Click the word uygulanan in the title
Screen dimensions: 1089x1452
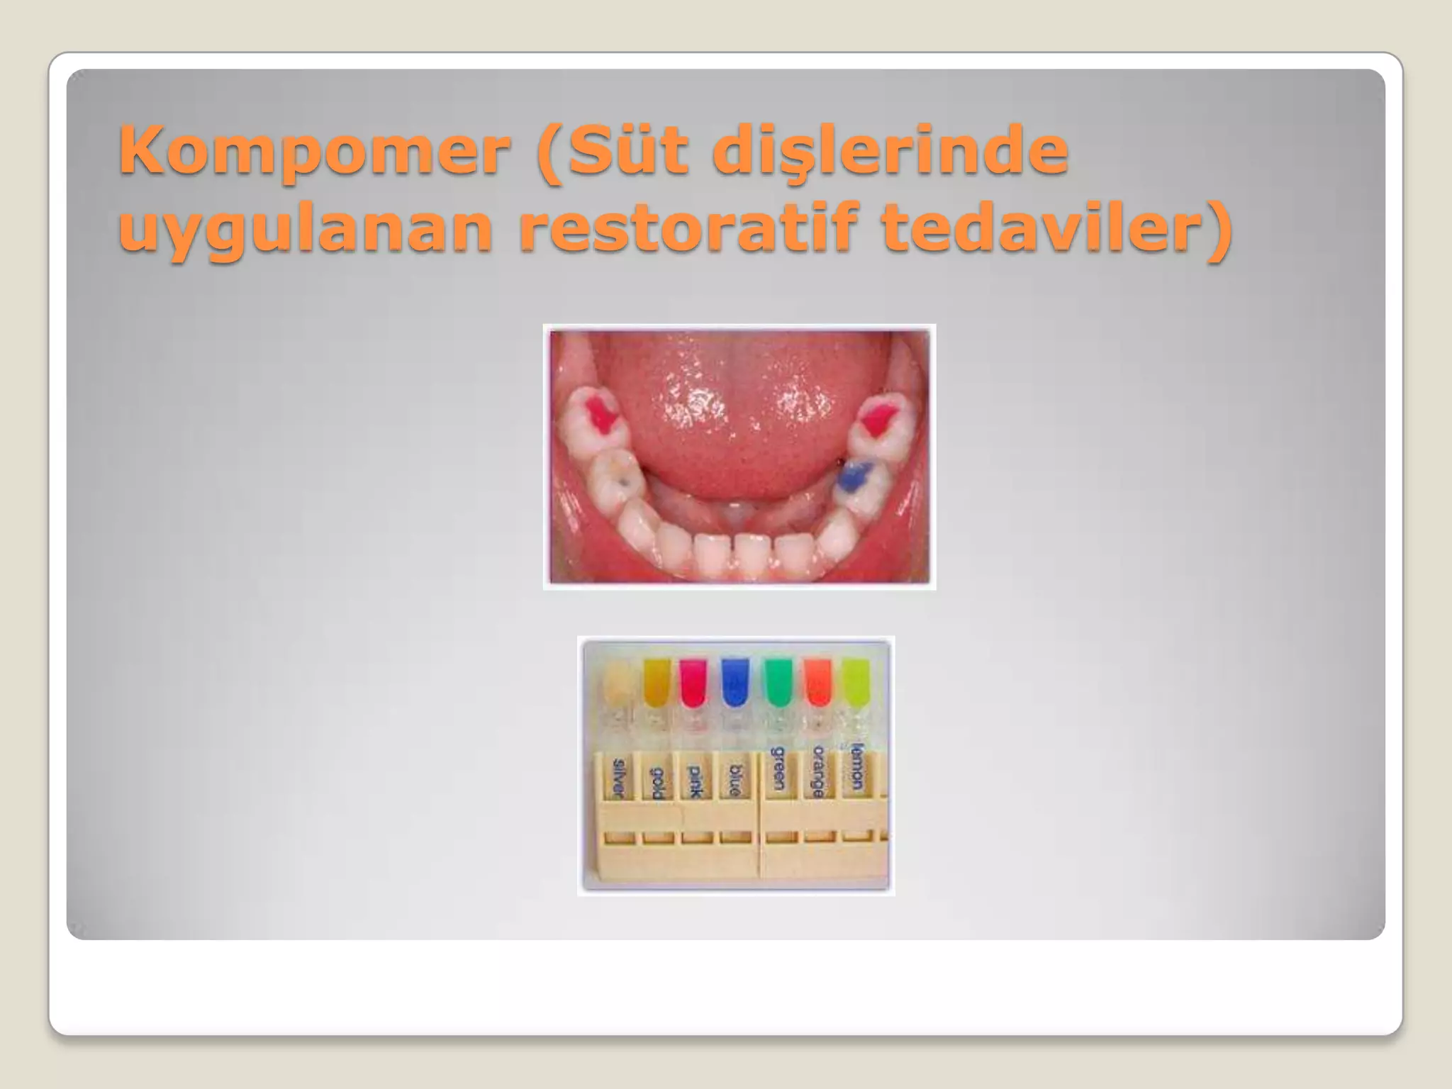[305, 230]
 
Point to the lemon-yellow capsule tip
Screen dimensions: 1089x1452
[856, 681]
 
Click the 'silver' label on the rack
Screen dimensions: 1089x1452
[619, 778]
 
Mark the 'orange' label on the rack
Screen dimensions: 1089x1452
[818, 771]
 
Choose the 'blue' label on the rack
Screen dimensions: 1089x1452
[735, 781]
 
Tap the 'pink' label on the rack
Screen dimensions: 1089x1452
[696, 781]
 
